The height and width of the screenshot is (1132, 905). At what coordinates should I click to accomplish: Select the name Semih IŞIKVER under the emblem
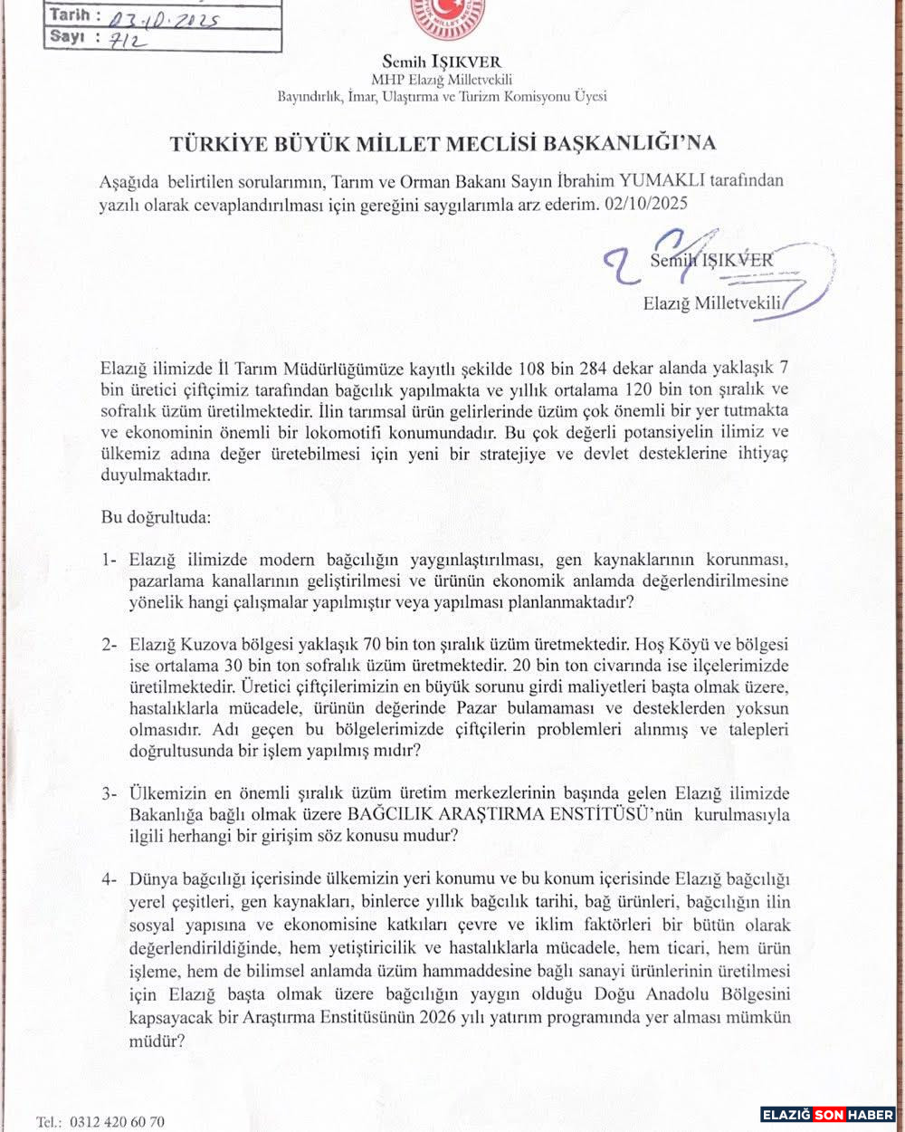tap(442, 62)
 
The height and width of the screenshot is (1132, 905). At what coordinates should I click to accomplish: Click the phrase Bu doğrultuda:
tap(155, 518)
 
